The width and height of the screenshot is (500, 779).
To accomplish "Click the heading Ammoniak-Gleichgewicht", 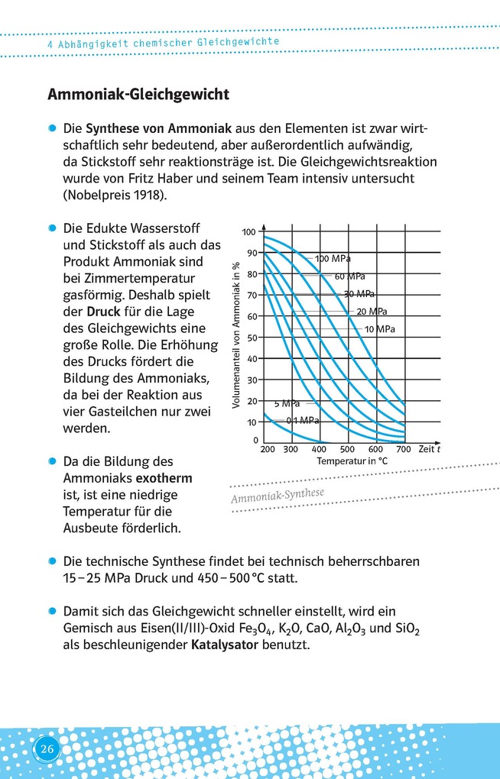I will click(138, 95).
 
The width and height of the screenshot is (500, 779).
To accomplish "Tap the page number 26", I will click(47, 749).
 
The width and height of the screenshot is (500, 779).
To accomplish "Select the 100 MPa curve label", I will click(333, 259).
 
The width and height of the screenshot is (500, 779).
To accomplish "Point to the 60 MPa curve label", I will click(350, 276).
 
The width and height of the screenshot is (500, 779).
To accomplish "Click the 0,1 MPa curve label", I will click(303, 420).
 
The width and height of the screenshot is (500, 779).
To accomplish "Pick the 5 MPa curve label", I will click(287, 402).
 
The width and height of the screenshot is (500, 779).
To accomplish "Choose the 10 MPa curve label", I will click(380, 329).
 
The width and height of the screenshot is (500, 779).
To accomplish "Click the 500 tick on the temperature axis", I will click(347, 449).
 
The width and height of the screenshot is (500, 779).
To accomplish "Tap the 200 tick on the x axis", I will click(268, 449).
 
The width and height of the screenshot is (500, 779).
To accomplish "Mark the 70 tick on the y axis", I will click(252, 295).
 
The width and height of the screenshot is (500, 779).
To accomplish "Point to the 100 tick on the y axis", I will click(249, 232).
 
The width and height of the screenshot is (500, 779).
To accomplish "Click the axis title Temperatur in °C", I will click(352, 461).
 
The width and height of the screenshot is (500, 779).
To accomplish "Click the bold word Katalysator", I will click(222, 645).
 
